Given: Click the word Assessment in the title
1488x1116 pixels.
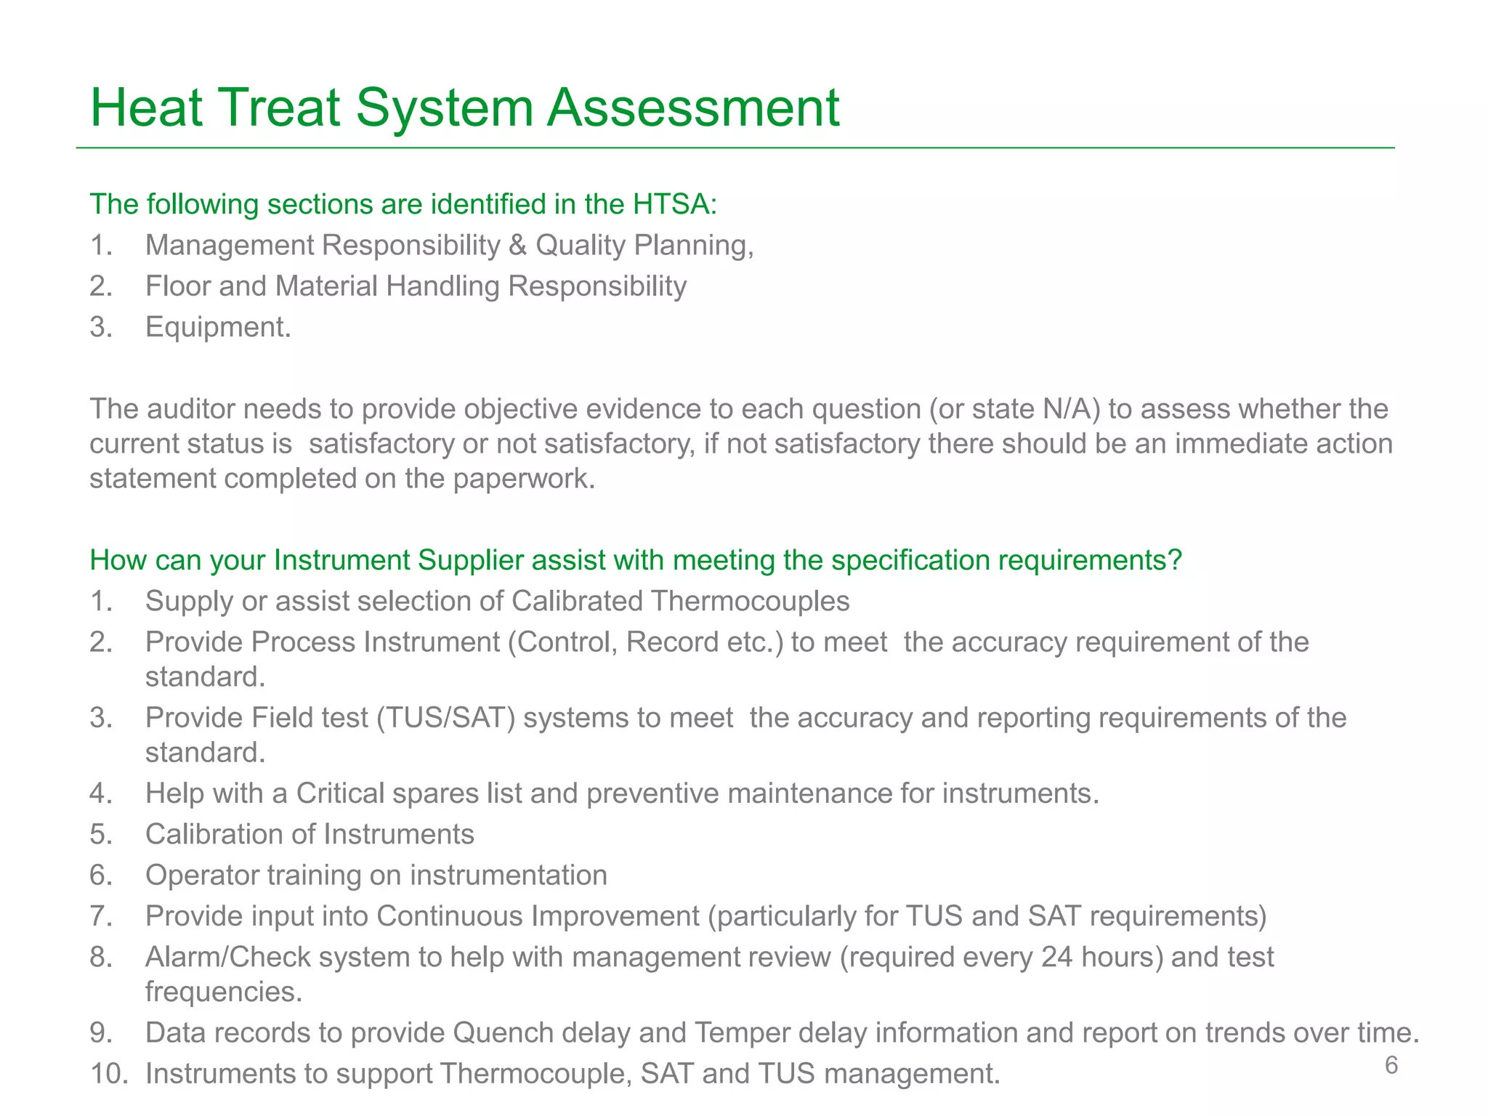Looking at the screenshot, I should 693,108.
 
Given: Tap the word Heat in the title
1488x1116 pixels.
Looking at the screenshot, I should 146,108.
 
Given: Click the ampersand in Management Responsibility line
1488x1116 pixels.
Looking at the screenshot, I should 517,246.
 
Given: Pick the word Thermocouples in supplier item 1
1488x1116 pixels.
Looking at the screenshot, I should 750,602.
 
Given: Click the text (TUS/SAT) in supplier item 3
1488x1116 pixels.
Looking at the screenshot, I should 446,718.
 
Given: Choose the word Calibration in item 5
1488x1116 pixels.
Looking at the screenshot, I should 214,834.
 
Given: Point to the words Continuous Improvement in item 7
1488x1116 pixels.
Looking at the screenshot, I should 538,916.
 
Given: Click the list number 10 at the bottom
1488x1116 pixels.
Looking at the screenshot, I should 108,1074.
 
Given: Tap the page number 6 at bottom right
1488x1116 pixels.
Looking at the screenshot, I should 1391,1065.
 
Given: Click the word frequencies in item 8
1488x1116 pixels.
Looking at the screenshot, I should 224,992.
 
